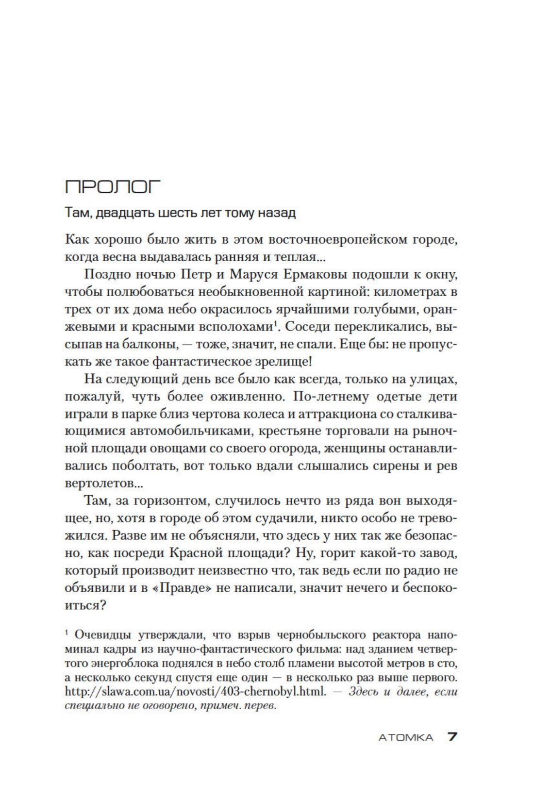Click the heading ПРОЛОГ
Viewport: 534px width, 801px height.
click(x=113, y=187)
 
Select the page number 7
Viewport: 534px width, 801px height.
click(x=452, y=737)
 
